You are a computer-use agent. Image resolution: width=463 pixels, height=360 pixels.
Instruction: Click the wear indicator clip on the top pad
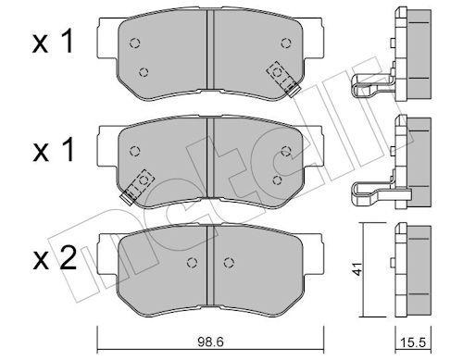tap(280, 76)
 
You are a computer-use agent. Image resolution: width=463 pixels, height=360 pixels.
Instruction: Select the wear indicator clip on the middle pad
tap(136, 184)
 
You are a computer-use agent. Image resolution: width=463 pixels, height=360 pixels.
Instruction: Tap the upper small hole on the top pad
tap(135, 43)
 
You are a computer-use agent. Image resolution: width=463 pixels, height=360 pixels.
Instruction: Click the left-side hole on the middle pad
tap(135, 151)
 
